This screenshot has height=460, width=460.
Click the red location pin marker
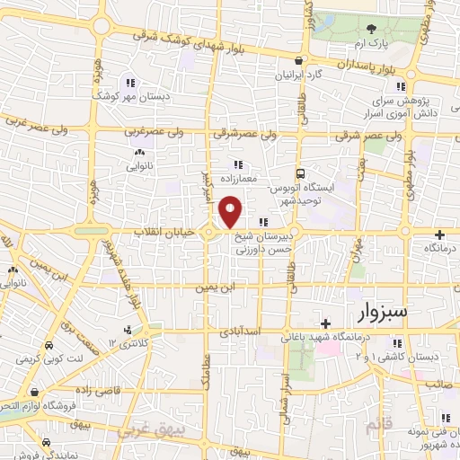pyautogui.click(x=231, y=211)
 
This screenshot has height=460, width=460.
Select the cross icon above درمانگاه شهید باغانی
pyautogui.click(x=327, y=322)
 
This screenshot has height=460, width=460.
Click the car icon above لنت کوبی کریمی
pyautogui.click(x=47, y=345)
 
